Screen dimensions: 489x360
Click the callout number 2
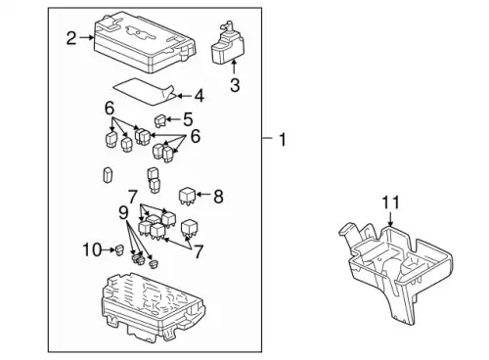pos(71,38)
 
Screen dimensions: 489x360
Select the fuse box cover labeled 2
pos(145,41)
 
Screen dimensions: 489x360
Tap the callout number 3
pos(235,85)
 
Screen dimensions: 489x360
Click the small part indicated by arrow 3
pos(227,43)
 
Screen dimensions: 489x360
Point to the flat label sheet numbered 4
pos(145,92)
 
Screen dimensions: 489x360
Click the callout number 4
pos(200,96)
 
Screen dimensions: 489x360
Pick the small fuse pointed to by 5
pos(160,121)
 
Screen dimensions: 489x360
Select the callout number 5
pos(188,119)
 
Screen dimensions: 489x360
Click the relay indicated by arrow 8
pos(187,196)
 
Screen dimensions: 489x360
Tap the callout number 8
pos(218,197)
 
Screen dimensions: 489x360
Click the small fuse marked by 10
pos(118,250)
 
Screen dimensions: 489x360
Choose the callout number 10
pos(92,250)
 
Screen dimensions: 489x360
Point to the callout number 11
pos(390,202)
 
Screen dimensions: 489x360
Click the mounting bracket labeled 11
pos(395,272)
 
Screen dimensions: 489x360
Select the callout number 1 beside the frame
pos(283,139)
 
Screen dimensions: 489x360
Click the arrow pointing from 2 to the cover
pos(86,38)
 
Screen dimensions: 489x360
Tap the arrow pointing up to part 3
pos(234,67)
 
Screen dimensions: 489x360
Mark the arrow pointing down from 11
pos(391,219)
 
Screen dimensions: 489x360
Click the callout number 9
pos(123,213)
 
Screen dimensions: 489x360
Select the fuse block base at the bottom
pos(154,308)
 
